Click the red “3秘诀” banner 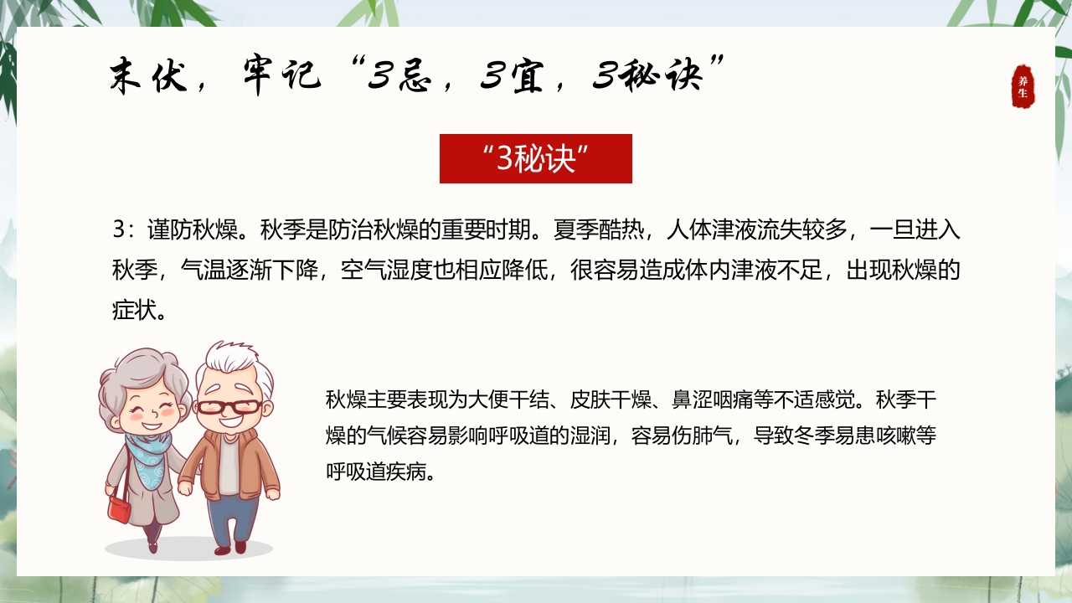[535, 158]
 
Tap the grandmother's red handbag [120, 507]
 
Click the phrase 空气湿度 [380, 271]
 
